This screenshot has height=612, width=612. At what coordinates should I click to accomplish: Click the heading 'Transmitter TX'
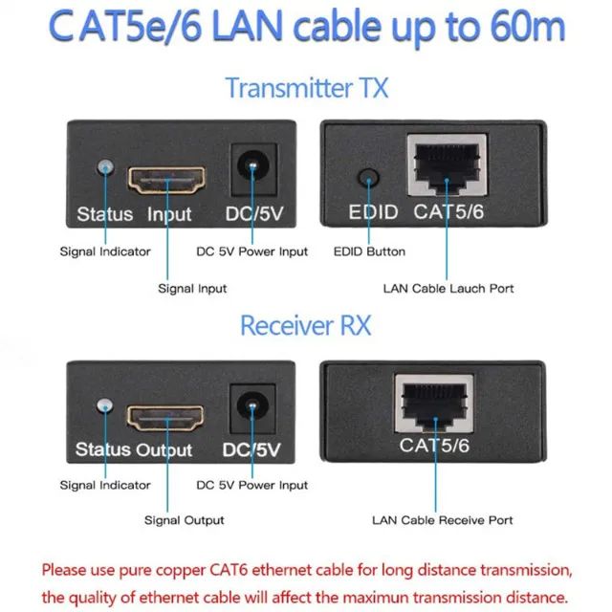click(306, 88)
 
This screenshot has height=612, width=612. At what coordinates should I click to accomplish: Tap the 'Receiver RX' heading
click(307, 325)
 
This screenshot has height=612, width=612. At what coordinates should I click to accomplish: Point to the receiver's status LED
click(104, 406)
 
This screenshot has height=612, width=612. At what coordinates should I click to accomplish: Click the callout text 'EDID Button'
click(369, 251)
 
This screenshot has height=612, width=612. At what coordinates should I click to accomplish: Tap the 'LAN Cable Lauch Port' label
click(448, 287)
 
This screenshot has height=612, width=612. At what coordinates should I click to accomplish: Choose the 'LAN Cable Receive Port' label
click(442, 520)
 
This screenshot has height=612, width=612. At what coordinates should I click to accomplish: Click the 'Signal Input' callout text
click(192, 287)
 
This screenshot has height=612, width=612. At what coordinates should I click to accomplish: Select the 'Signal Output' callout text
click(185, 520)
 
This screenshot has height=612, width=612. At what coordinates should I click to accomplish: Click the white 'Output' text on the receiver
click(164, 449)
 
